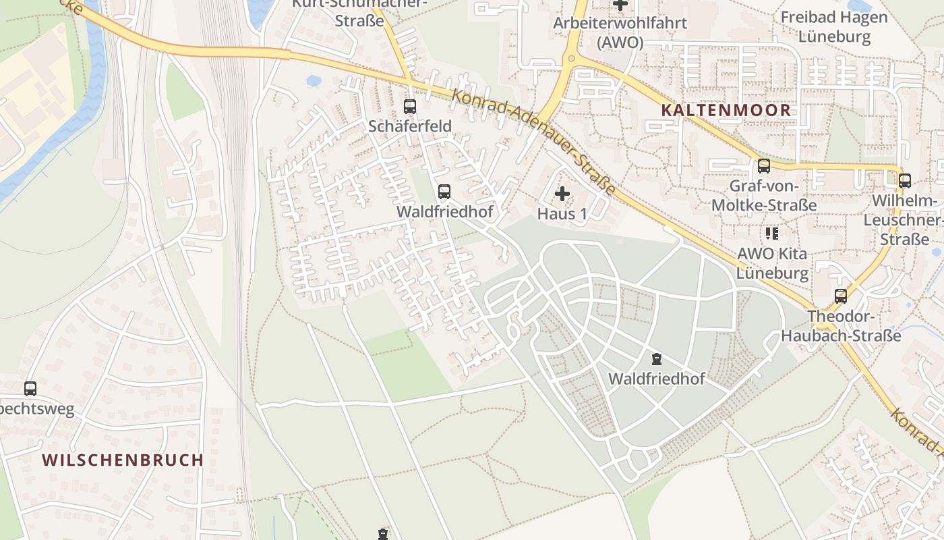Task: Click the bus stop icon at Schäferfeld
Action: click(x=409, y=106)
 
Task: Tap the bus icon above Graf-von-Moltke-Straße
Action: click(x=763, y=165)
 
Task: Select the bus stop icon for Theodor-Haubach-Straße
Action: click(x=840, y=296)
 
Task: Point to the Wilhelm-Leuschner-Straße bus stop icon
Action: click(x=904, y=180)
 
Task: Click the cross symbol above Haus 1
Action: click(x=562, y=194)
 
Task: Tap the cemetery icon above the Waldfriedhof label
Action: click(x=657, y=358)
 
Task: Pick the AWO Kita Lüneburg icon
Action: click(x=771, y=234)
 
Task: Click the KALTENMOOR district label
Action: click(x=726, y=110)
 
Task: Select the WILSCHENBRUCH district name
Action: click(x=123, y=460)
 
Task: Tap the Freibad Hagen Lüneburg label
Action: click(x=835, y=26)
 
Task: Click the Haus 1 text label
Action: click(x=562, y=214)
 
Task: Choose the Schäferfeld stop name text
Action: click(x=409, y=126)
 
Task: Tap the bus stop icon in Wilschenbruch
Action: click(x=30, y=388)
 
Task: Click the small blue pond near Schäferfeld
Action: click(x=314, y=80)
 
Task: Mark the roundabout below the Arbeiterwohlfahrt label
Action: click(x=572, y=59)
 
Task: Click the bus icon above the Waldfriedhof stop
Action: click(x=444, y=191)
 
